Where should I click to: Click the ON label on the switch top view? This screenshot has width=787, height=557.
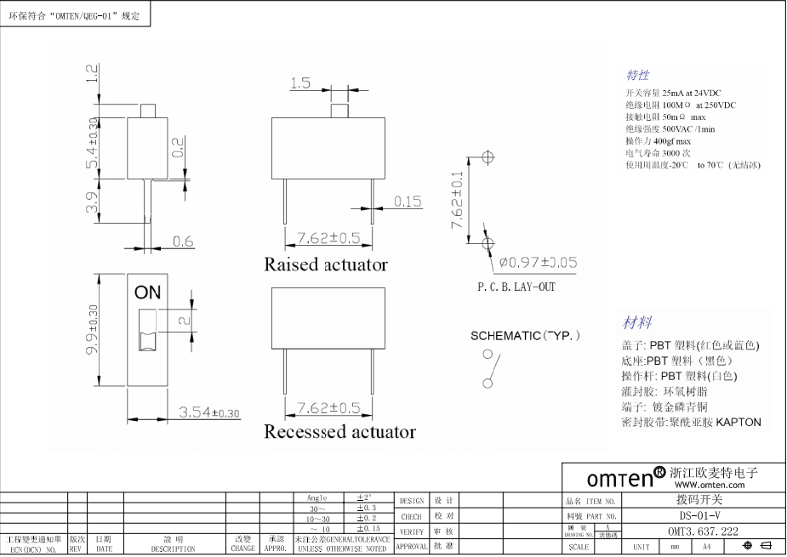(x=147, y=293)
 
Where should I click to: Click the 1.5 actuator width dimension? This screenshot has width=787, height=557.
(x=299, y=83)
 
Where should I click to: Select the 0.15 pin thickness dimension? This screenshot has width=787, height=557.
(x=408, y=202)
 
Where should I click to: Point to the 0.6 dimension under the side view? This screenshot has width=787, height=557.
(x=183, y=242)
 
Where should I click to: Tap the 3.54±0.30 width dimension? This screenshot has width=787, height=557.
(x=209, y=412)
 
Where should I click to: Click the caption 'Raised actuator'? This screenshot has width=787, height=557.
(x=326, y=264)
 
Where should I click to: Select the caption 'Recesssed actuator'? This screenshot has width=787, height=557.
(x=339, y=432)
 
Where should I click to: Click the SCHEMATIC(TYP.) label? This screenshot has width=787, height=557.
(x=526, y=336)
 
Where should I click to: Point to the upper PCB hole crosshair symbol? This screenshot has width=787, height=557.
(x=488, y=157)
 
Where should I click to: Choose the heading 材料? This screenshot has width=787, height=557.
(x=638, y=322)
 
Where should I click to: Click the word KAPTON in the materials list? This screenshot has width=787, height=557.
(x=738, y=422)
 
